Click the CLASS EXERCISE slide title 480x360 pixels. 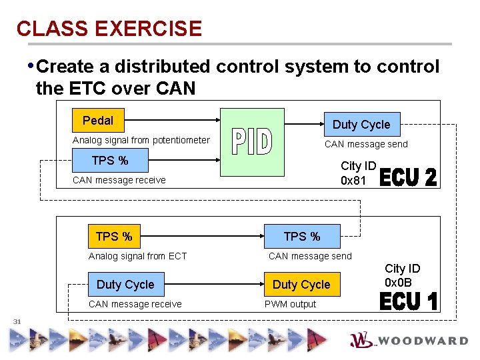click(x=109, y=29)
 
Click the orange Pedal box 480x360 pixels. click(x=98, y=121)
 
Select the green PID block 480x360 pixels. click(x=252, y=142)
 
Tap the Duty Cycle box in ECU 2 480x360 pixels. click(x=361, y=125)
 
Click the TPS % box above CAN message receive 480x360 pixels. click(x=109, y=161)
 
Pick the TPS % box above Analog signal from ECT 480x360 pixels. click(x=114, y=237)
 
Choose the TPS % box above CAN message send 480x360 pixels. click(x=301, y=237)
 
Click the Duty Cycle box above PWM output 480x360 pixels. click(x=301, y=285)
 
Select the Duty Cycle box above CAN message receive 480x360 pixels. click(x=125, y=285)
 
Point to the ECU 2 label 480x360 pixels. click(x=408, y=177)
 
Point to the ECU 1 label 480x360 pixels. click(x=408, y=301)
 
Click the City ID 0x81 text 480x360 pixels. click(x=359, y=173)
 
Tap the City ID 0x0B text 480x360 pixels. click(x=403, y=275)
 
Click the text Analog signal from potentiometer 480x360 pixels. click(x=141, y=141)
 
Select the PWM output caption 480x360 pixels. click(x=290, y=304)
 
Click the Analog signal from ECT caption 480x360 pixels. click(x=137, y=256)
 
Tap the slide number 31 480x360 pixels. click(x=17, y=322)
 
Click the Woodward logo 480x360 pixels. click(x=408, y=340)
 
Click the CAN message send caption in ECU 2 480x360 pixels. click(x=365, y=144)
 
